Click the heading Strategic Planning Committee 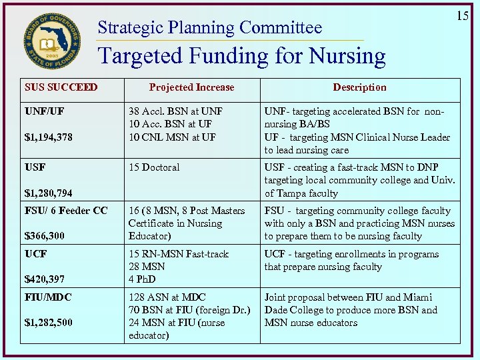[x=209, y=27]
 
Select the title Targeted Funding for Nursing [x=241, y=56]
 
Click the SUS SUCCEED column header [x=61, y=87]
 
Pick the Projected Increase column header [x=191, y=87]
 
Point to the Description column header [x=359, y=87]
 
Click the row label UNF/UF [x=45, y=111]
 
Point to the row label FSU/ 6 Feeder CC [x=66, y=211]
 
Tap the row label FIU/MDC [x=48, y=297]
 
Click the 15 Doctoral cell [x=154, y=167]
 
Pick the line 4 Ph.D [x=142, y=279]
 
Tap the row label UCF [x=35, y=254]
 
